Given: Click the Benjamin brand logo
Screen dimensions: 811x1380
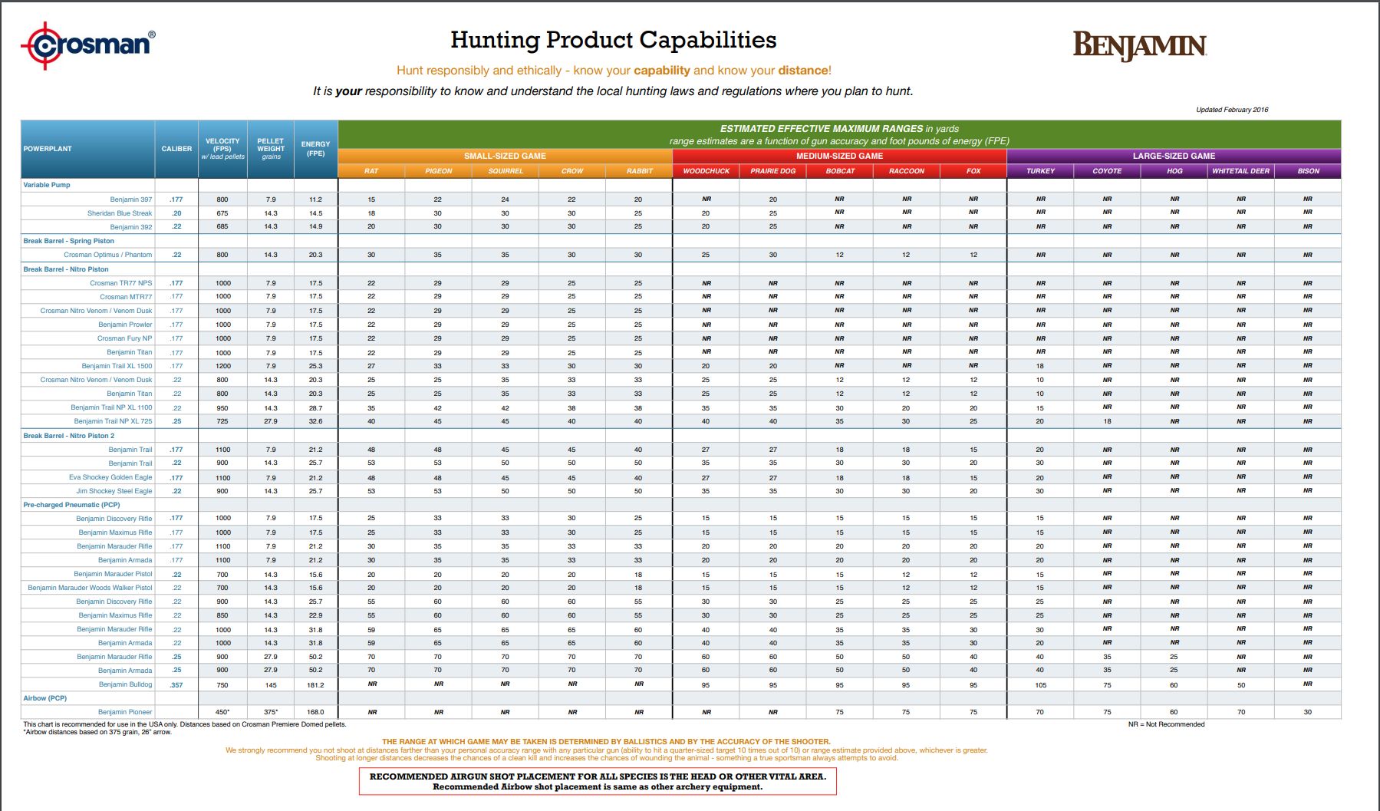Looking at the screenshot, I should pos(1139,45).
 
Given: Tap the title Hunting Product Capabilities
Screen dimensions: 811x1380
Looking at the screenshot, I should pos(613,40).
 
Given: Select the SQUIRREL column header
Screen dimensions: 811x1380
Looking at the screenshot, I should pos(506,171).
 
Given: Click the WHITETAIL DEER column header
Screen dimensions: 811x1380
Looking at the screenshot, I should pos(1240,171).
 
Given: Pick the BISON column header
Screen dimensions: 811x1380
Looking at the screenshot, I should pos(1308,171).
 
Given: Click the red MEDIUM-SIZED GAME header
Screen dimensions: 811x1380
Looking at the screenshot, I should pos(839,156).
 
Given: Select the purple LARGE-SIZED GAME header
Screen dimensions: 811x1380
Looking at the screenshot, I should pos(1174,156).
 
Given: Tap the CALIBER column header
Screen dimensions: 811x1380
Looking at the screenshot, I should pos(176,149).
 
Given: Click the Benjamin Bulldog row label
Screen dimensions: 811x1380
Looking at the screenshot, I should pos(125,684).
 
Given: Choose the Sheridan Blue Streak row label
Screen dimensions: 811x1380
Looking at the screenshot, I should pos(120,213).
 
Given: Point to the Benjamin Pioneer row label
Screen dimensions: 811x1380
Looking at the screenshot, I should pos(125,712).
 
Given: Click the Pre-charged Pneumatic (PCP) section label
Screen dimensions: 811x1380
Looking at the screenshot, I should pos(71,505).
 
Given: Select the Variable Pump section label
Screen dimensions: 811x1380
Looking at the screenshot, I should pos(47,185).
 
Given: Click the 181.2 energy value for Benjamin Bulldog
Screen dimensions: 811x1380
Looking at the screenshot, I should pos(315,685).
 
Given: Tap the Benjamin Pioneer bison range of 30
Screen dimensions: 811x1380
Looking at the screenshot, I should pos(1307,712).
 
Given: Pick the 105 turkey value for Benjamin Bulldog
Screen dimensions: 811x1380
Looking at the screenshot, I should pos(1040,685).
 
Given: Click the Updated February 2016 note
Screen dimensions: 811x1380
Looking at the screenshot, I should pos(1232,110).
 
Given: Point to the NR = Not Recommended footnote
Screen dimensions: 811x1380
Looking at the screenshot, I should pos(1166,724).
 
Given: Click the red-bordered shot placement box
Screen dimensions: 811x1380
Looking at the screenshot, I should pos(598,781).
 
